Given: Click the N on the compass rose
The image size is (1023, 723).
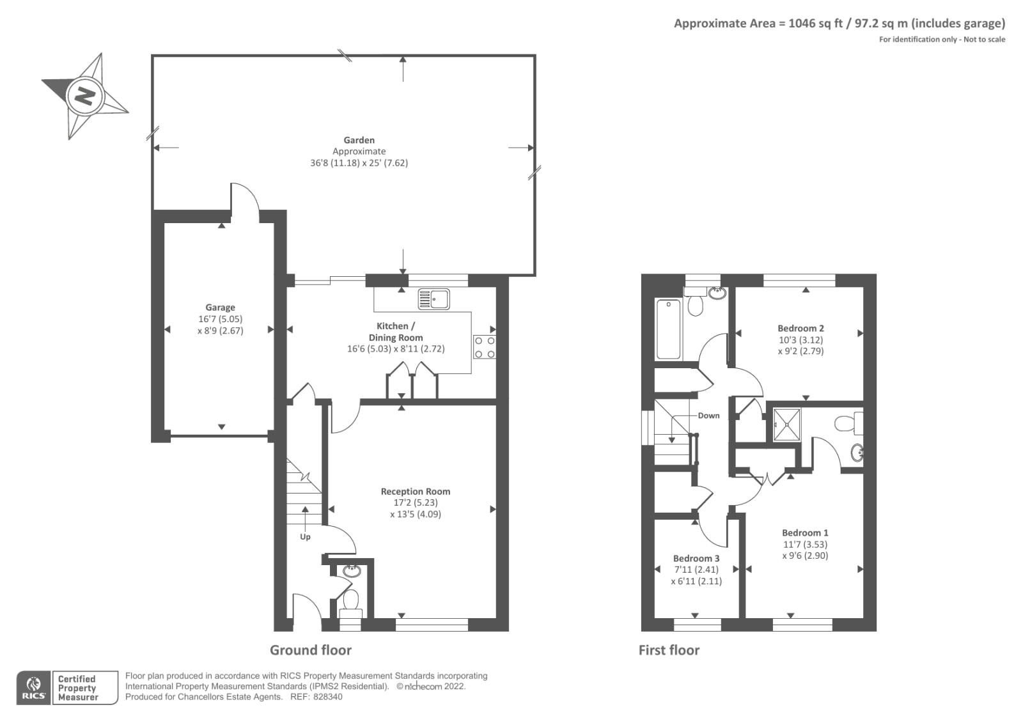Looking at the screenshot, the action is (x=86, y=97).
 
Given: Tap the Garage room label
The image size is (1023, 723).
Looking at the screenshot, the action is (x=220, y=307).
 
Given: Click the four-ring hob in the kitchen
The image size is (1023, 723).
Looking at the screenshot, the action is (x=485, y=347).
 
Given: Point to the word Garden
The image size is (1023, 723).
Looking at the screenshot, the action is (x=359, y=140).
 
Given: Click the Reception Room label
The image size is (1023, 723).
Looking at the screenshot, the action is (x=416, y=492).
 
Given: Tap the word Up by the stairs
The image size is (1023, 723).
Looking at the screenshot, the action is (x=305, y=537).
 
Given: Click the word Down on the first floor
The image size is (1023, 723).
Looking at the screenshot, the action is (x=708, y=416).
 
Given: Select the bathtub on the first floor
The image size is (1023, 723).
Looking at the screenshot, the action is (x=669, y=329).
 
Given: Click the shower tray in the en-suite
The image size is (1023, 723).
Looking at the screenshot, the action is (x=787, y=424).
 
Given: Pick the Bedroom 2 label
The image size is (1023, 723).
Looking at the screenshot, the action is (x=800, y=329).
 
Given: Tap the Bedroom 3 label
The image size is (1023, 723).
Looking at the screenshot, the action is (x=696, y=558).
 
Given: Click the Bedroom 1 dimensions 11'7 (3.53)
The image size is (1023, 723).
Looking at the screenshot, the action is (x=805, y=545).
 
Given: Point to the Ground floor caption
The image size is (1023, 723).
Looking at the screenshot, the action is (x=311, y=650).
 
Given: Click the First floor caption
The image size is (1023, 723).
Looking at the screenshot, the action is (x=669, y=650).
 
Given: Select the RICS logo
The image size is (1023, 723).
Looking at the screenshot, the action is (x=34, y=688).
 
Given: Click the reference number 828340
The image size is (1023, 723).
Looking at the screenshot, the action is (x=327, y=697).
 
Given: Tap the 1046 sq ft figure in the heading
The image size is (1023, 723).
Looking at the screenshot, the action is (x=815, y=23).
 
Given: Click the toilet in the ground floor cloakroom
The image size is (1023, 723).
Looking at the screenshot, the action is (x=351, y=603).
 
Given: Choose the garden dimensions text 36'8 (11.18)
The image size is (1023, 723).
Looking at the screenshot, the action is (x=335, y=163).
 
